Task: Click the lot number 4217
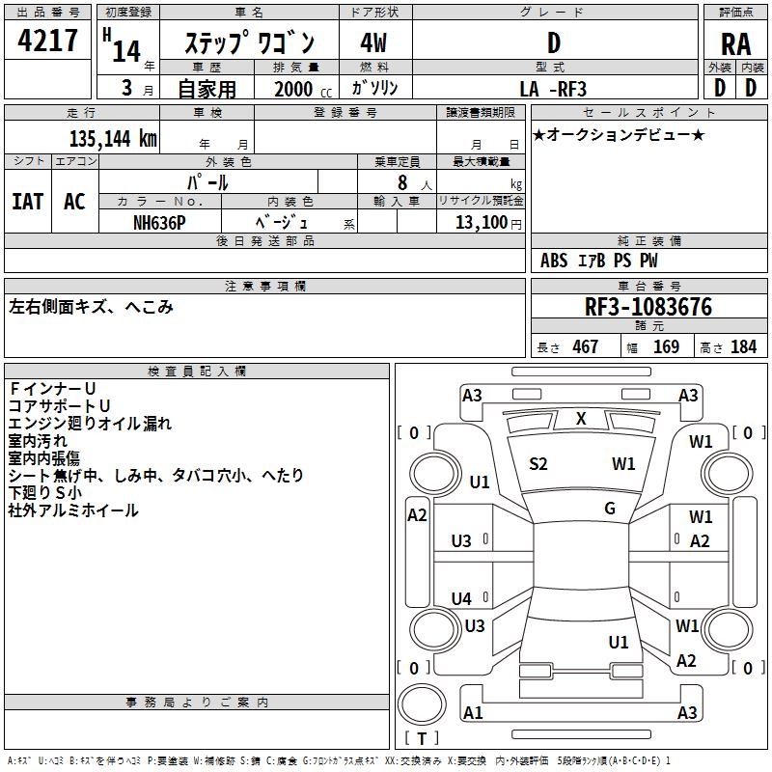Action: click(x=48, y=41)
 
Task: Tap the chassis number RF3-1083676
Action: click(x=648, y=307)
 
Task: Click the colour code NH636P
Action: click(x=159, y=221)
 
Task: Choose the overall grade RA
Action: click(x=735, y=42)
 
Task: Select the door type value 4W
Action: click(x=373, y=42)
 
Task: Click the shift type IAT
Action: click(x=27, y=202)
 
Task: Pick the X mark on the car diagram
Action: click(x=581, y=419)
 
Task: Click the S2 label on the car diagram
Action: click(x=538, y=464)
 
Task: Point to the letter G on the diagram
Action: click(x=609, y=508)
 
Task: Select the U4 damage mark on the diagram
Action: click(x=462, y=598)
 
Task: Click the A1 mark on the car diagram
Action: click(x=473, y=712)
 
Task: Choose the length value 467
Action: click(x=585, y=346)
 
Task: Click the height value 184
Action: click(x=743, y=346)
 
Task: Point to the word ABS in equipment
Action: click(x=554, y=261)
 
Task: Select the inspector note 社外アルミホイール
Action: click(x=73, y=510)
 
